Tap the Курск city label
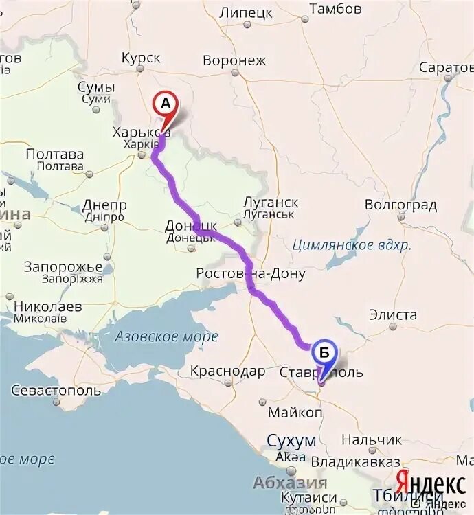point(140,58)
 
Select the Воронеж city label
point(234,60)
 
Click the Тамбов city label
point(335,9)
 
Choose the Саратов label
point(447,67)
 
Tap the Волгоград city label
point(400,205)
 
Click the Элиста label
point(393,315)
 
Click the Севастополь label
point(56,391)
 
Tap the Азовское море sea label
point(166,336)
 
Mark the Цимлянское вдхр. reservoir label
point(351,244)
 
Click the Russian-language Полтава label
point(54,154)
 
